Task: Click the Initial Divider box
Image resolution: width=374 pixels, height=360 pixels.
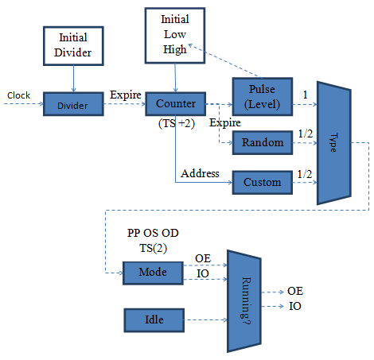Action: click(x=73, y=46)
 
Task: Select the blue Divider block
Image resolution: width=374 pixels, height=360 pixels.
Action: click(x=73, y=104)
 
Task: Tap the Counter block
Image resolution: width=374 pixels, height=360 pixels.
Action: click(x=175, y=104)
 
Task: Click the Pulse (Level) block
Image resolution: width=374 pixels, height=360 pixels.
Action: click(x=263, y=97)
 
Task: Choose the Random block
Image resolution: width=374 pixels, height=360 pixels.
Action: click(x=263, y=142)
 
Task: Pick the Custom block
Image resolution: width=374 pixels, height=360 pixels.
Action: click(x=263, y=183)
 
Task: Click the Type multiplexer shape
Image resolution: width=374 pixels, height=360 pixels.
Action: click(x=334, y=143)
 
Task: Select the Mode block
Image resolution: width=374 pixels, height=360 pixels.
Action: click(x=153, y=273)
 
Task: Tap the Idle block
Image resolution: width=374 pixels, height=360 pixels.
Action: click(x=154, y=320)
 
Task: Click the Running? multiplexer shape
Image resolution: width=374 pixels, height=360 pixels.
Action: click(x=244, y=301)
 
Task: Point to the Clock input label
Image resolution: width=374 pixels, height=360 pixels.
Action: click(x=18, y=95)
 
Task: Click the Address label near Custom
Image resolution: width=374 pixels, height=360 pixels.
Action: click(x=200, y=173)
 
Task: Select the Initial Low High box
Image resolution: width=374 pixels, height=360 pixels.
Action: click(x=175, y=36)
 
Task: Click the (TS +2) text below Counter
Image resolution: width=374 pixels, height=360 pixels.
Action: click(x=177, y=123)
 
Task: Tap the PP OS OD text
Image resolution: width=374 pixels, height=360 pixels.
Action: click(x=153, y=233)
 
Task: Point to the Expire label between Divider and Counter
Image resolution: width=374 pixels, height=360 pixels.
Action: click(x=126, y=95)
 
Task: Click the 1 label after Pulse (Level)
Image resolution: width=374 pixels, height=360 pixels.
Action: click(x=305, y=95)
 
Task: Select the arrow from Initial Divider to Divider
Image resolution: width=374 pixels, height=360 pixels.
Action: click(x=73, y=79)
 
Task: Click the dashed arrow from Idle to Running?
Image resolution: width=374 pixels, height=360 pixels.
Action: click(x=205, y=320)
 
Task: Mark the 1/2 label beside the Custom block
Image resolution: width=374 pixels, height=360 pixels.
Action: click(x=305, y=174)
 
